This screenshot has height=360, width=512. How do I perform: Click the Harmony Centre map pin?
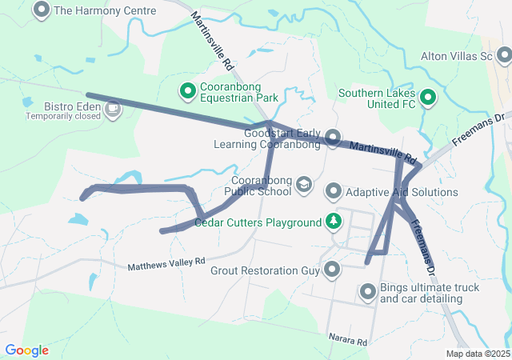pyautogui.click(x=41, y=10)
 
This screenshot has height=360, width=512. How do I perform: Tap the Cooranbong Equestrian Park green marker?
pyautogui.click(x=187, y=92)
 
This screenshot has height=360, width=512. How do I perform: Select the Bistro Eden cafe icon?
pyautogui.click(x=113, y=107)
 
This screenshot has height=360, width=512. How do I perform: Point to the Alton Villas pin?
pyautogui.click(x=504, y=56)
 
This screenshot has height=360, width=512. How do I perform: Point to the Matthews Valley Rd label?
pyautogui.click(x=166, y=262)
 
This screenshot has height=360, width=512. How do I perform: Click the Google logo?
pyautogui.click(x=26, y=350)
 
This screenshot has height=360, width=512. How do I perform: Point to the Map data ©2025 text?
pyautogui.click(x=477, y=354)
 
